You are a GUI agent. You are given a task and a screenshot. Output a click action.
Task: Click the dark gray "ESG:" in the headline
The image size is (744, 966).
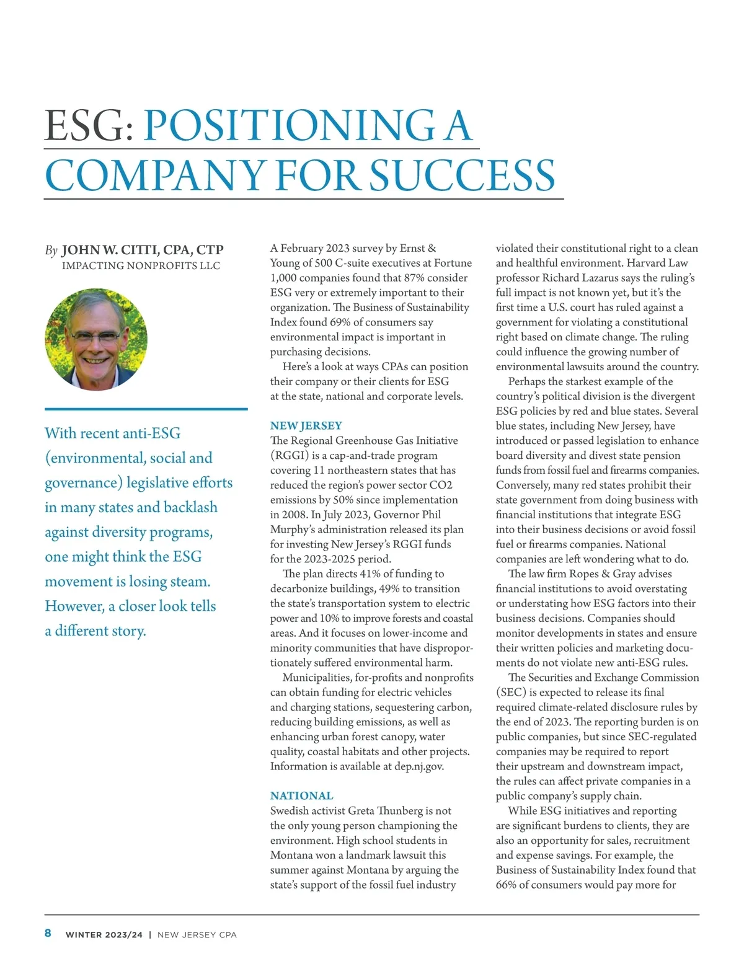tap(89, 126)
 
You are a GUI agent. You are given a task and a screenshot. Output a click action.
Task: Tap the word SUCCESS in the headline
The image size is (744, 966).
tap(463, 176)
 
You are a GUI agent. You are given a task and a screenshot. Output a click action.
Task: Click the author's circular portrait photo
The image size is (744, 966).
tap(96, 339)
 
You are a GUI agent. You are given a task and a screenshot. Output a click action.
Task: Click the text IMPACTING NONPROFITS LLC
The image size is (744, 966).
tap(141, 266)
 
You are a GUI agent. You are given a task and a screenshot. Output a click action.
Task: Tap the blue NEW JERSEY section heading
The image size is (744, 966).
tap(306, 426)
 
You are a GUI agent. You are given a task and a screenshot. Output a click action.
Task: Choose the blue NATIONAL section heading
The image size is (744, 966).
tap(301, 795)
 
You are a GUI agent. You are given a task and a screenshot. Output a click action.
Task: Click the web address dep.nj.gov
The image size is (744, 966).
tap(418, 766)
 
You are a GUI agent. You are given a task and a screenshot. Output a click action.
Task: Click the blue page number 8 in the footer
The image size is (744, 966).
tap(48, 933)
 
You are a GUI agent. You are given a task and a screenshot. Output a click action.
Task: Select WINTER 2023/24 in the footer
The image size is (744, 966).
tap(104, 934)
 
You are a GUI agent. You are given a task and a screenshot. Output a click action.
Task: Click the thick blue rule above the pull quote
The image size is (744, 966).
tap(146, 409)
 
